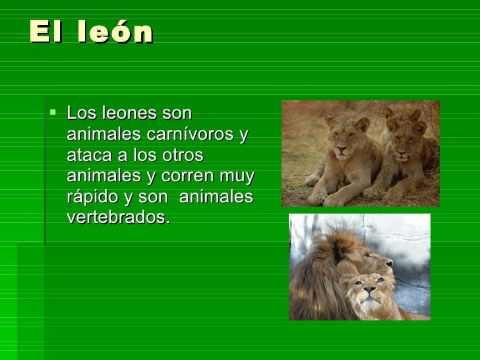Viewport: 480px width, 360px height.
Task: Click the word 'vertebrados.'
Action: point(118,218)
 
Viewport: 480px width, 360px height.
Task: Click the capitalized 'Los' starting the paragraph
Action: point(80,113)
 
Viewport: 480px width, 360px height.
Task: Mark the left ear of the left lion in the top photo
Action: point(329,120)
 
